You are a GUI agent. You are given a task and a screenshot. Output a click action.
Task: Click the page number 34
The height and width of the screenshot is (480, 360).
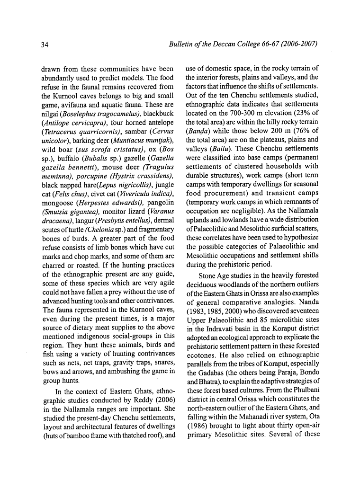point(45,45)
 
